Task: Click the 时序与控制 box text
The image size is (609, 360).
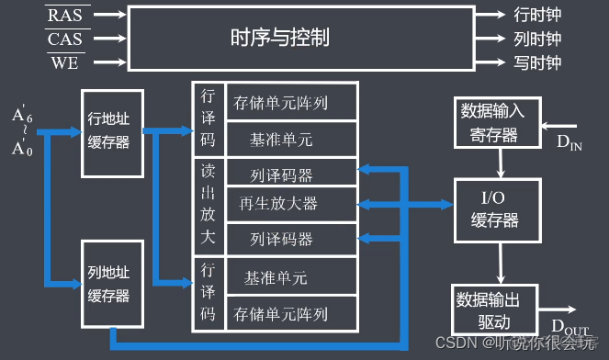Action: [279, 39]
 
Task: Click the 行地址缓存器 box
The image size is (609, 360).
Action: [112, 133]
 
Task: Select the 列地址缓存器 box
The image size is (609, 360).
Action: [112, 285]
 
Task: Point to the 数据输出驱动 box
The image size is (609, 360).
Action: [494, 310]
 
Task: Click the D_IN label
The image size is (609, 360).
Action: [570, 141]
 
